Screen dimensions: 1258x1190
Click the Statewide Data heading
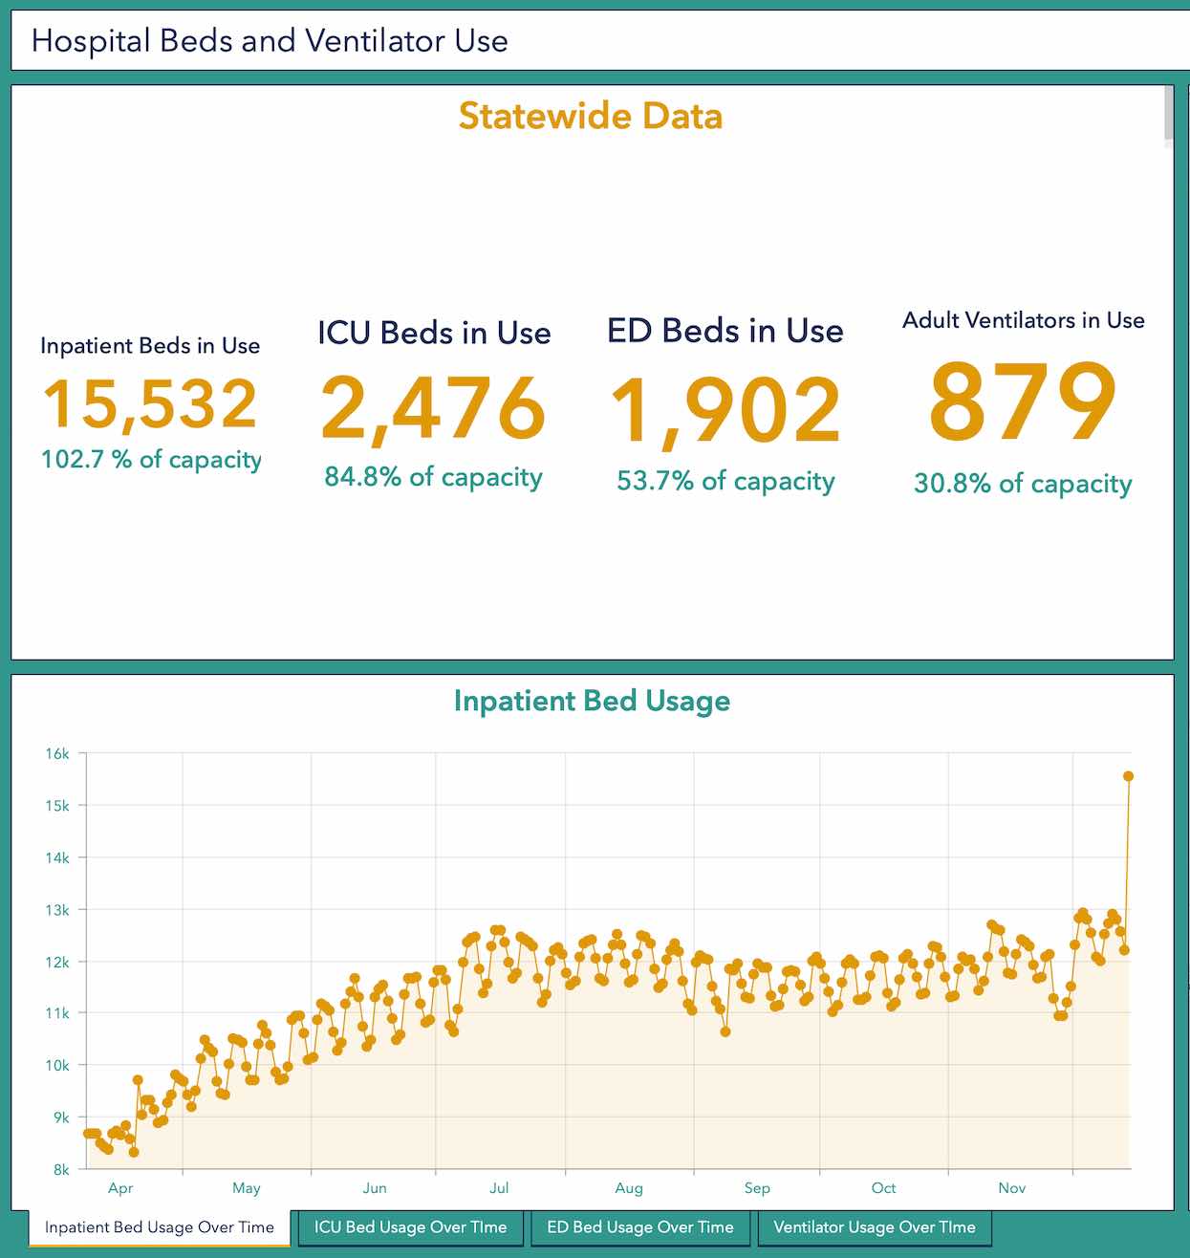pyautogui.click(x=591, y=117)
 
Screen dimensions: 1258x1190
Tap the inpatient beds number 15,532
pyautogui.click(x=151, y=403)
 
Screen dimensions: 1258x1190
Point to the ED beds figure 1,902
pyautogui.click(x=725, y=411)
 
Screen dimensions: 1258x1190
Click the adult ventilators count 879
pyautogui.click(x=1023, y=401)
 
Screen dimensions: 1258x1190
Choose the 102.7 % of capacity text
pyautogui.click(x=151, y=460)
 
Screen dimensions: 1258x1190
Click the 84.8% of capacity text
pyautogui.click(x=433, y=477)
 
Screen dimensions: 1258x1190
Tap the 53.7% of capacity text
pyautogui.click(x=725, y=481)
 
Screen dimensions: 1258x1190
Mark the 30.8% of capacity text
pyautogui.click(x=1023, y=484)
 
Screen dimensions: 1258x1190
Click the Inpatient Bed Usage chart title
pyautogui.click(x=592, y=701)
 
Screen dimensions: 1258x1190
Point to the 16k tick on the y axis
pyautogui.click(x=57, y=753)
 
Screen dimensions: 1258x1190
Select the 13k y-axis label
pyautogui.click(x=57, y=910)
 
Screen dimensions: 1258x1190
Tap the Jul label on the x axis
pyautogui.click(x=499, y=1188)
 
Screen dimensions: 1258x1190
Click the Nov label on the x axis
pyautogui.click(x=1011, y=1188)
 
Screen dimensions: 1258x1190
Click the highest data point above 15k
pyautogui.click(x=1128, y=776)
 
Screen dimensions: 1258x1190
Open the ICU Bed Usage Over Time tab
pyautogui.click(x=411, y=1227)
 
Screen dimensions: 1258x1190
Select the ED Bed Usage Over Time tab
pyautogui.click(x=640, y=1227)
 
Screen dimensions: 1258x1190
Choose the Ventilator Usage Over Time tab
pyautogui.click(x=875, y=1227)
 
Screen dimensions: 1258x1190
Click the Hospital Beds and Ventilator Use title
pyautogui.click(x=270, y=41)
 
